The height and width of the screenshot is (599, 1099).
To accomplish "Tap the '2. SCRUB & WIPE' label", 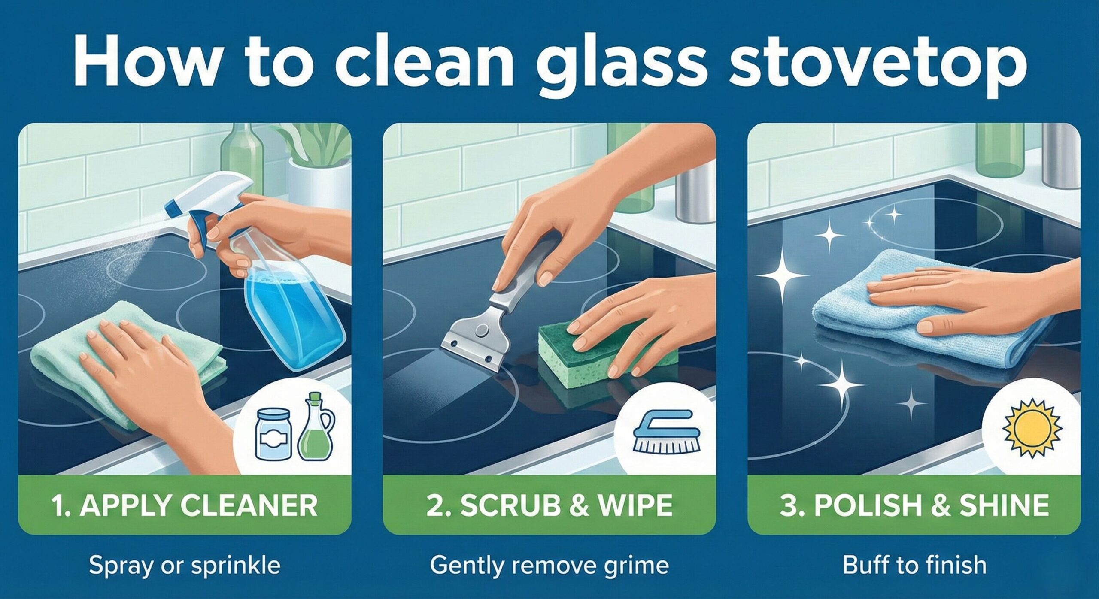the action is point(549,505).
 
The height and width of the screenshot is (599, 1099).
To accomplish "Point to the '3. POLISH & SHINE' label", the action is point(914,505).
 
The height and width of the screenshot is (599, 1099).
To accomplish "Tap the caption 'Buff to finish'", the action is point(914,565).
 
